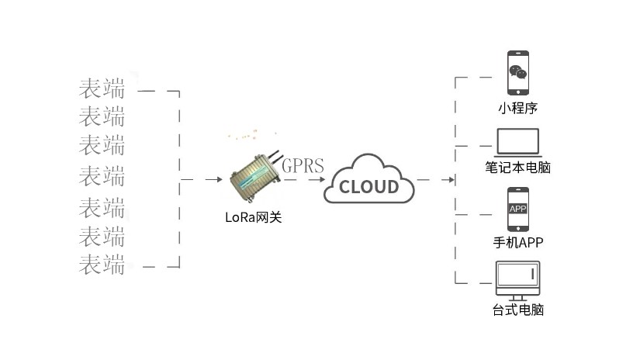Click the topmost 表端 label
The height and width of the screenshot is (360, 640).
(102, 88)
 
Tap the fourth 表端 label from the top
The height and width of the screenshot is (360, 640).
(102, 175)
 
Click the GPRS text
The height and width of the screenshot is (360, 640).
(303, 165)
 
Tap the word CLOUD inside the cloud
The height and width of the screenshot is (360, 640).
(370, 187)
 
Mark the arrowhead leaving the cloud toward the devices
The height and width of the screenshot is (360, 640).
(450, 180)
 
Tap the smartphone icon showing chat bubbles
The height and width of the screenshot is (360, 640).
(517, 74)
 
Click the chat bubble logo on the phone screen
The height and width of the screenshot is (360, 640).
(517, 74)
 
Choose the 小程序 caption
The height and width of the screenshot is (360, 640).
(517, 109)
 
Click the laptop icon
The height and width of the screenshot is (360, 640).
(517, 142)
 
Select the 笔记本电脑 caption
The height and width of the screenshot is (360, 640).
(517, 167)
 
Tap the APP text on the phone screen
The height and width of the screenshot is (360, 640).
(517, 209)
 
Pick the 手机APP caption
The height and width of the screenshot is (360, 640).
(517, 242)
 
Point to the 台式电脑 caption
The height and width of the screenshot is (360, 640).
(517, 310)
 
